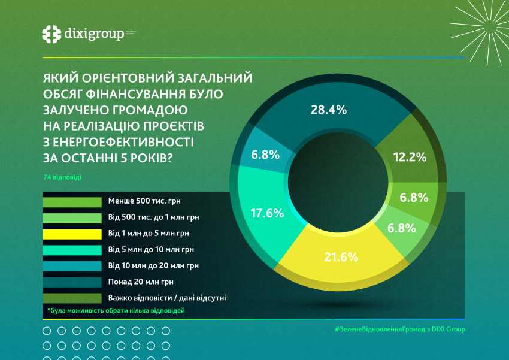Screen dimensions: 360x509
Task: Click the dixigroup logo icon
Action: (x=52, y=34)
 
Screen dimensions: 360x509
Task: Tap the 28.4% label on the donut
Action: (x=329, y=110)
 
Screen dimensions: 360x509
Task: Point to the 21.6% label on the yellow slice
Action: (x=340, y=258)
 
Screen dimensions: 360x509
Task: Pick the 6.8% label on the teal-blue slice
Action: (x=265, y=155)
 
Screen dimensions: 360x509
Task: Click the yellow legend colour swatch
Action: (x=72, y=234)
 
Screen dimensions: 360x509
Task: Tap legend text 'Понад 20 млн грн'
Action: (x=137, y=281)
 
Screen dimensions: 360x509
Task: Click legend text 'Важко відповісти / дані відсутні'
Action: (x=166, y=297)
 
